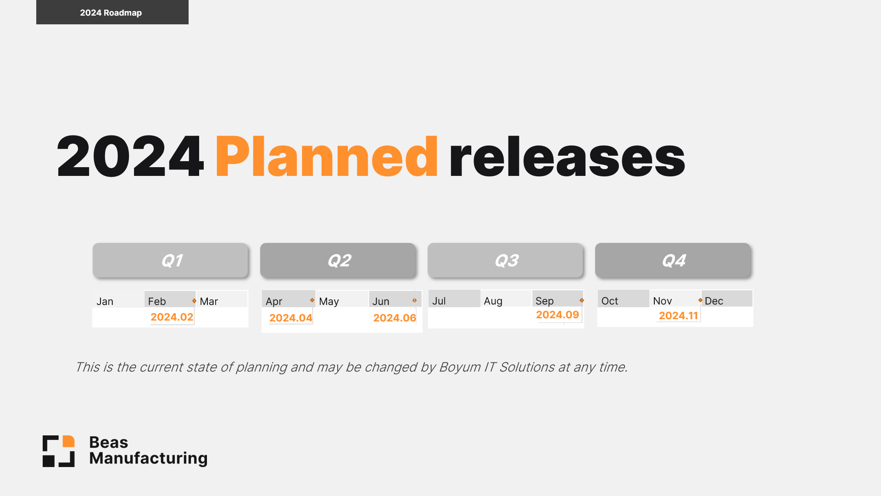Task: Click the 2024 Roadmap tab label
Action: pyautogui.click(x=111, y=13)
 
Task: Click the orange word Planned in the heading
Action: pyautogui.click(x=326, y=157)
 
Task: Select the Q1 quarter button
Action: pyautogui.click(x=171, y=260)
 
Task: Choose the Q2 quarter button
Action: pyautogui.click(x=338, y=260)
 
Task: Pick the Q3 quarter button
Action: pyautogui.click(x=506, y=260)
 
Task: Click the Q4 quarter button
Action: pyautogui.click(x=673, y=260)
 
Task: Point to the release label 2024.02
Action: pyautogui.click(x=172, y=317)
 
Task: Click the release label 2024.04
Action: pyautogui.click(x=290, y=318)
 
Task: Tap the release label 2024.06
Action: pyautogui.click(x=395, y=318)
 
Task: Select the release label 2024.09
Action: pyautogui.click(x=558, y=315)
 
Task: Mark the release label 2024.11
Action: pyautogui.click(x=678, y=316)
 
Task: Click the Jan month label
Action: pyautogui.click(x=105, y=301)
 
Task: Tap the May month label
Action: pyautogui.click(x=329, y=301)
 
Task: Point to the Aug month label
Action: pyautogui.click(x=493, y=301)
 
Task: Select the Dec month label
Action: pyautogui.click(x=714, y=301)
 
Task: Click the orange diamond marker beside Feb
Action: pyautogui.click(x=195, y=301)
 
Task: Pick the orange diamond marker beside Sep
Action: pyautogui.click(x=582, y=300)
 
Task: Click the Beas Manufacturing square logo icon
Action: pyautogui.click(x=59, y=451)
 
